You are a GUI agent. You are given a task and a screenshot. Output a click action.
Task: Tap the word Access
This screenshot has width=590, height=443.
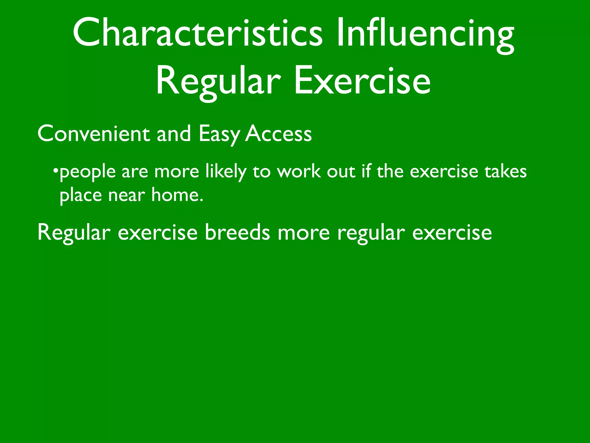(278, 134)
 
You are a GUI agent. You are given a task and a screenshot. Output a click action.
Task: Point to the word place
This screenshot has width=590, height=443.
(81, 196)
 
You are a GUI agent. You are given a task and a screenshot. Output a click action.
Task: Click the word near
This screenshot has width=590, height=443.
(126, 196)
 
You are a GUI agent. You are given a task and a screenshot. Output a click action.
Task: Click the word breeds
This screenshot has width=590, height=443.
(237, 232)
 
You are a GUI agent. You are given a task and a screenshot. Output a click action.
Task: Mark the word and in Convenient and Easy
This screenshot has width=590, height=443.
(174, 134)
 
